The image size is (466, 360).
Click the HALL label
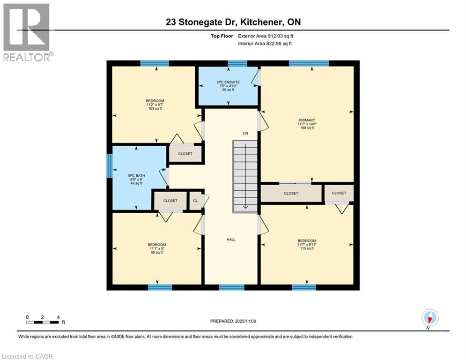(x=231, y=240)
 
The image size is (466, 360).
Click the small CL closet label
(x=195, y=201)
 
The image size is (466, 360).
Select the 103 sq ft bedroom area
(x=155, y=109)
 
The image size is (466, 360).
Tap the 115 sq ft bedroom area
(x=307, y=248)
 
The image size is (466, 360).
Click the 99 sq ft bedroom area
(x=156, y=253)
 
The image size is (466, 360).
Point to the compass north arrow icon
(x=429, y=317)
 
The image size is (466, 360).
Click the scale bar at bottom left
(x=43, y=322)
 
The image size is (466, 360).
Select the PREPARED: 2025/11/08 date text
(x=233, y=321)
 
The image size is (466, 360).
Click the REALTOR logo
(x=27, y=32)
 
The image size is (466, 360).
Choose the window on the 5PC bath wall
(x=109, y=166)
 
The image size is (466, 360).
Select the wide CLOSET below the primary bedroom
(x=291, y=193)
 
